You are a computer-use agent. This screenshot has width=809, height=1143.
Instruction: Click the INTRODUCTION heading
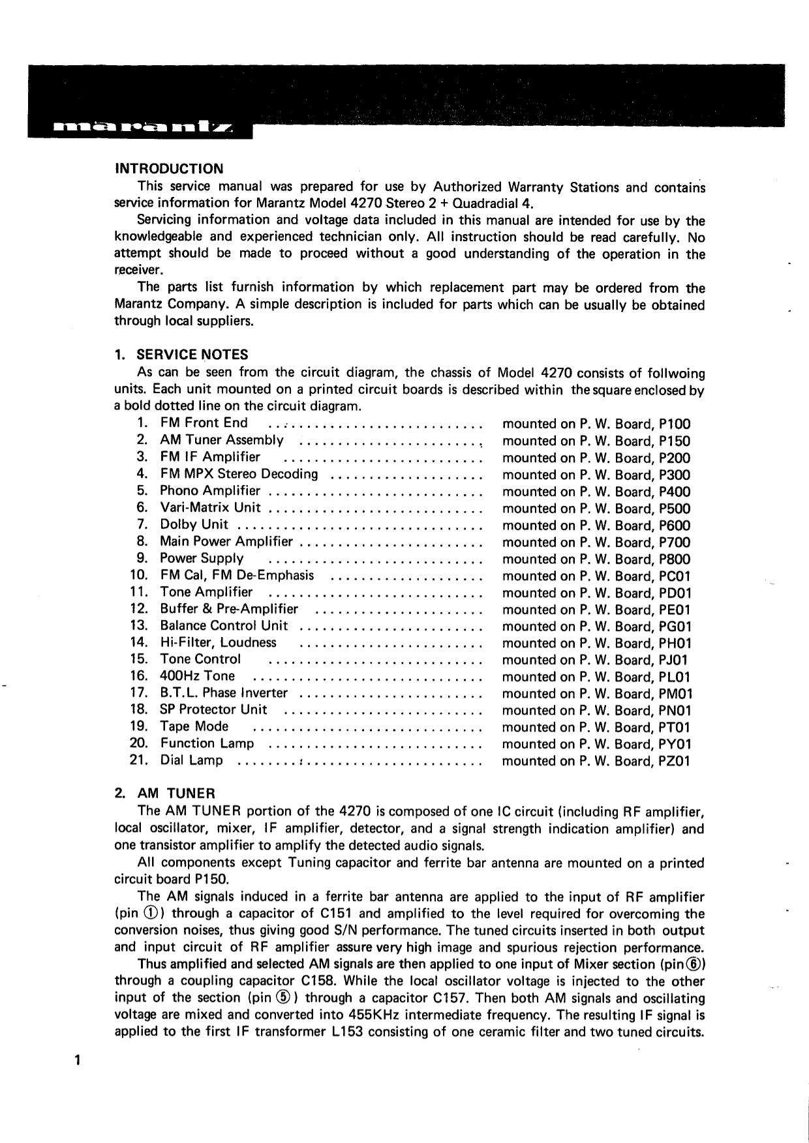(x=168, y=170)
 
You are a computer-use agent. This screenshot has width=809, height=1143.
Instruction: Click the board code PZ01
(x=675, y=761)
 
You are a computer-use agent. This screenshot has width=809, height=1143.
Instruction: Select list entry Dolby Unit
(x=194, y=525)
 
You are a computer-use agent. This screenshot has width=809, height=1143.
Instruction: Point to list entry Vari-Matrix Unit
(x=210, y=508)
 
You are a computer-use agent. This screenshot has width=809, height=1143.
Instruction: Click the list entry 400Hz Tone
(x=197, y=676)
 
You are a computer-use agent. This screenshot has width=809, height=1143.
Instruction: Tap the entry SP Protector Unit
(x=213, y=710)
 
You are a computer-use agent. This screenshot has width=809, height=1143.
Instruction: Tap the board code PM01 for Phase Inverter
(x=675, y=694)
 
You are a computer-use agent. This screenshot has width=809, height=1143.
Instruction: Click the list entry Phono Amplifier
(x=210, y=491)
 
